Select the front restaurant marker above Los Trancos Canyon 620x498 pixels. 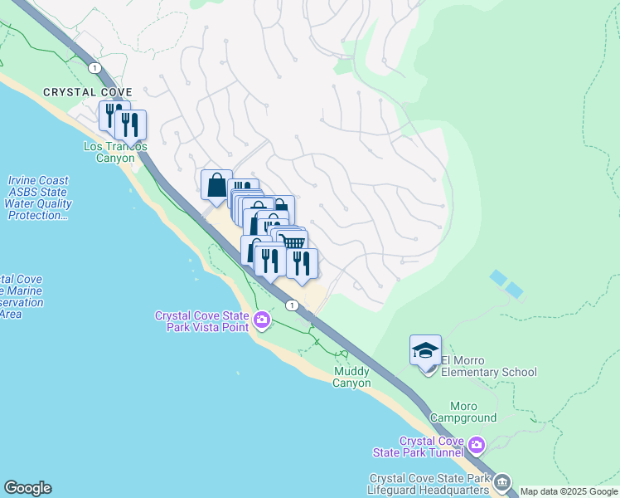point(130,124)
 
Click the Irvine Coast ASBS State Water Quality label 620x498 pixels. point(38,198)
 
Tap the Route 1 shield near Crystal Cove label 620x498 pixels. point(96,67)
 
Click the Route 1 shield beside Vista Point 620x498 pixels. point(292,305)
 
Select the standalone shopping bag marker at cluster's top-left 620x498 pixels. point(216,184)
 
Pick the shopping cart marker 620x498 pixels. point(293,242)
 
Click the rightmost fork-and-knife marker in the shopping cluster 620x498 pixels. point(302,262)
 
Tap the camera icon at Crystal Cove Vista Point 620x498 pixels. point(262,320)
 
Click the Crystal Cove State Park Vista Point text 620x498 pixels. point(202,320)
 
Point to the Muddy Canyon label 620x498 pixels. point(351,377)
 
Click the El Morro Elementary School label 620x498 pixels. point(489,366)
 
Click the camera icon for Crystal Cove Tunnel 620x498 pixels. point(476,447)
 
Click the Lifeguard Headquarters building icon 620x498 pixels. point(502,483)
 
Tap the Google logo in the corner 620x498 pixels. point(27,488)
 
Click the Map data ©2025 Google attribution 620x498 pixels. point(569,491)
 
